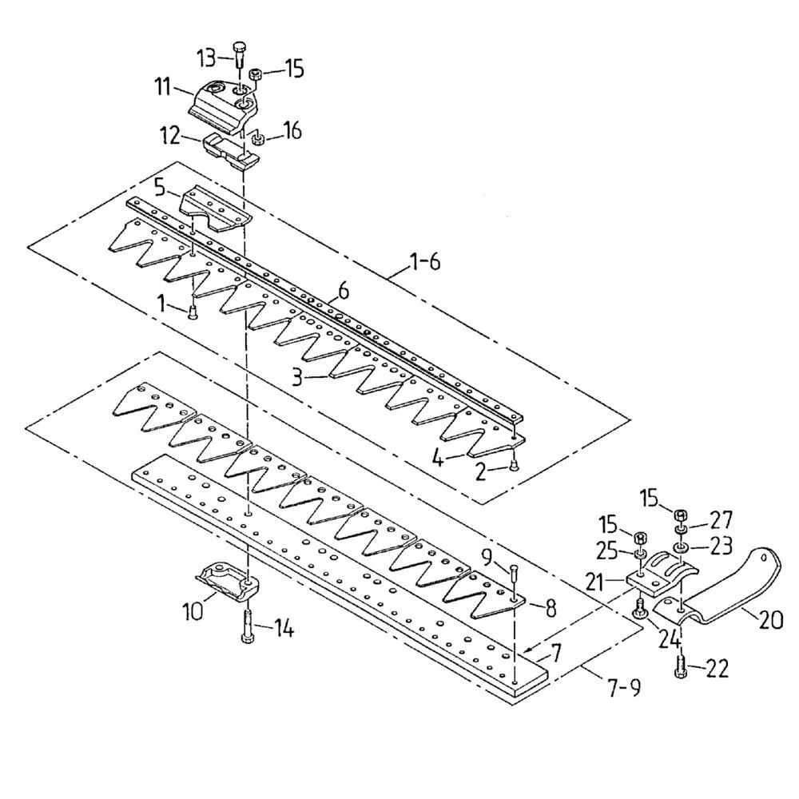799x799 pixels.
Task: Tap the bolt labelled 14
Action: [x=247, y=626]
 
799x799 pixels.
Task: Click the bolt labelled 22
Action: [x=682, y=666]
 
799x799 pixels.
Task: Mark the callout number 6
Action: [x=344, y=292]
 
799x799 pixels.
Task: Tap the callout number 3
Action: [x=296, y=376]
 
